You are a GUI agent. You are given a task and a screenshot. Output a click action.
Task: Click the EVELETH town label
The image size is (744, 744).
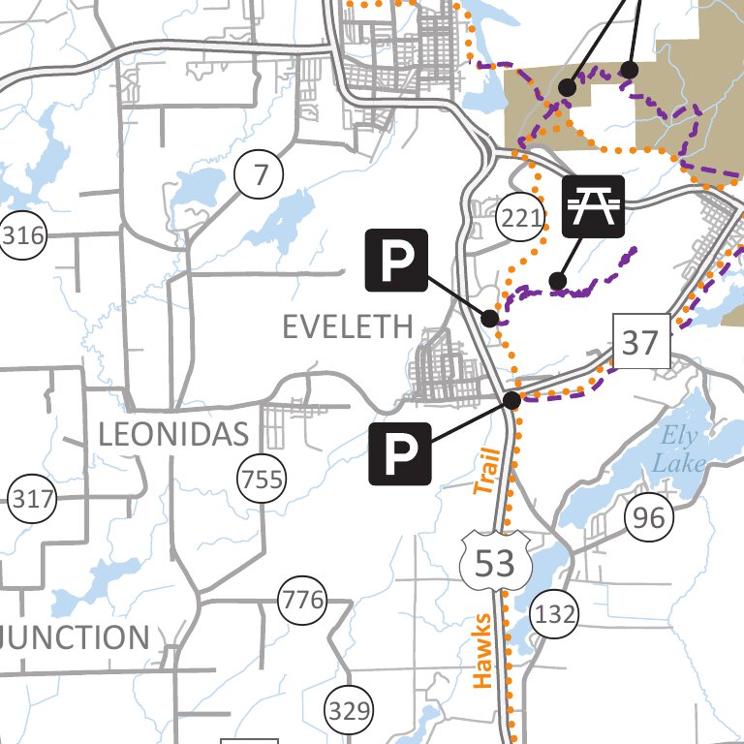347,326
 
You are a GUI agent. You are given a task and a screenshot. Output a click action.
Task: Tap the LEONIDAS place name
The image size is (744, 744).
174,435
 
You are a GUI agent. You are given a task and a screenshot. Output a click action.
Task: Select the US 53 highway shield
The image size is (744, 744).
494,562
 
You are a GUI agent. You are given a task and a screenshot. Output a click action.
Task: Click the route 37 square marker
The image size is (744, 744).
641,343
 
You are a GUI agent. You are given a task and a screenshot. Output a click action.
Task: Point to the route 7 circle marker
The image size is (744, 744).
259,176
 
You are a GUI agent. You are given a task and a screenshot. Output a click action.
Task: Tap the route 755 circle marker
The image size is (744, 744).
263,479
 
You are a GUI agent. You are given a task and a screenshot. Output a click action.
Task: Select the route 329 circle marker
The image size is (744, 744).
349,713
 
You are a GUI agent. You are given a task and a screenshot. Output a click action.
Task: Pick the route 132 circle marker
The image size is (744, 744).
554,614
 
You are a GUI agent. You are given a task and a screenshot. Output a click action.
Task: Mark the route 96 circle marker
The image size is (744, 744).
648,518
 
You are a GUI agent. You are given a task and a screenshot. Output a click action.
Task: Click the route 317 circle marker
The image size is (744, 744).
33,500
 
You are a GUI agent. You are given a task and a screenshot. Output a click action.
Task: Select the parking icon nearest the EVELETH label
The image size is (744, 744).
395,260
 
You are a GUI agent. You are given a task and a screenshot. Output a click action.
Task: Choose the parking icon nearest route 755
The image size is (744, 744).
399,453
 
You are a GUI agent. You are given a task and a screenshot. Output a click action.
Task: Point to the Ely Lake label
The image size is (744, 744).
677,449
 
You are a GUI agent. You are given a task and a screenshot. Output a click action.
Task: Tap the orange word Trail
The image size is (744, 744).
487,472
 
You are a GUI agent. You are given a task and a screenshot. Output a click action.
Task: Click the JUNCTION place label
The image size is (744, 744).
76,637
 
